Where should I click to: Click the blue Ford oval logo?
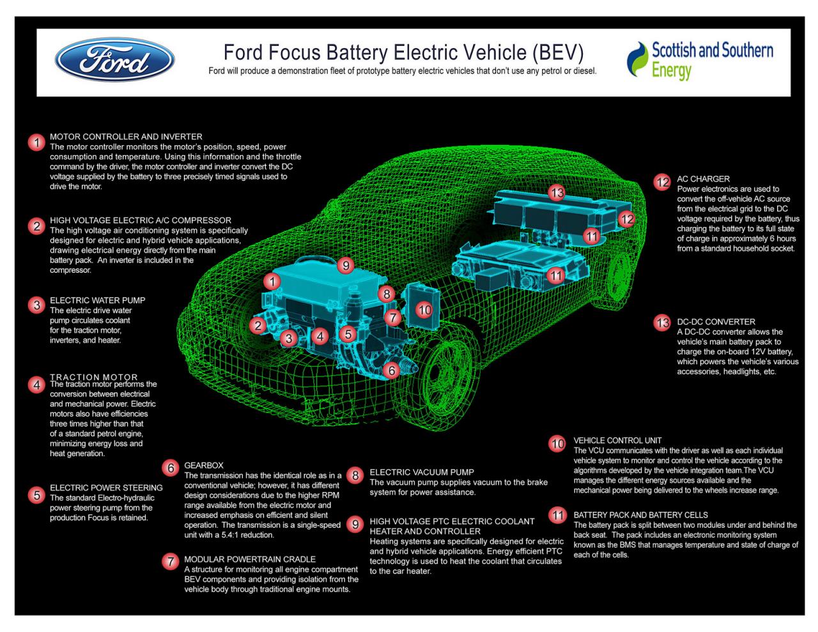[114, 59]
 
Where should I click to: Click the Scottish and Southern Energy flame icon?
[637, 59]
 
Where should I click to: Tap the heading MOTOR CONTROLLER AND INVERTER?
[126, 137]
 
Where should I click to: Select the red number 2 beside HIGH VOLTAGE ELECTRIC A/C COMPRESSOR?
[36, 226]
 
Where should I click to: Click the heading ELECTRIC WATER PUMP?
[98, 300]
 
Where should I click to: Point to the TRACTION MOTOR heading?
[94, 377]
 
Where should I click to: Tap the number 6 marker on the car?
[392, 371]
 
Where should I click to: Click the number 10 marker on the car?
[424, 310]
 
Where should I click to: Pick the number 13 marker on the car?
[557, 193]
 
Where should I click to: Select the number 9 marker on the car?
[346, 266]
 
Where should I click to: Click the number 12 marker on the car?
[627, 219]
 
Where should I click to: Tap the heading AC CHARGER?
[703, 179]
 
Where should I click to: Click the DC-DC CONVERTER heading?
[716, 322]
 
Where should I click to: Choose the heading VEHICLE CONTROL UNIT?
[617, 440]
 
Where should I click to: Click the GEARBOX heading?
[204, 465]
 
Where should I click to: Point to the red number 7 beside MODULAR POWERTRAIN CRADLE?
[171, 562]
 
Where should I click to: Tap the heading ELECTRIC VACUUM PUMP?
[422, 472]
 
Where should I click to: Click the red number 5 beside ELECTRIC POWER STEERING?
[36, 495]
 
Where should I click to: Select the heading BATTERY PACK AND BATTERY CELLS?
[641, 515]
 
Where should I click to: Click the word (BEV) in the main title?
[558, 52]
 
